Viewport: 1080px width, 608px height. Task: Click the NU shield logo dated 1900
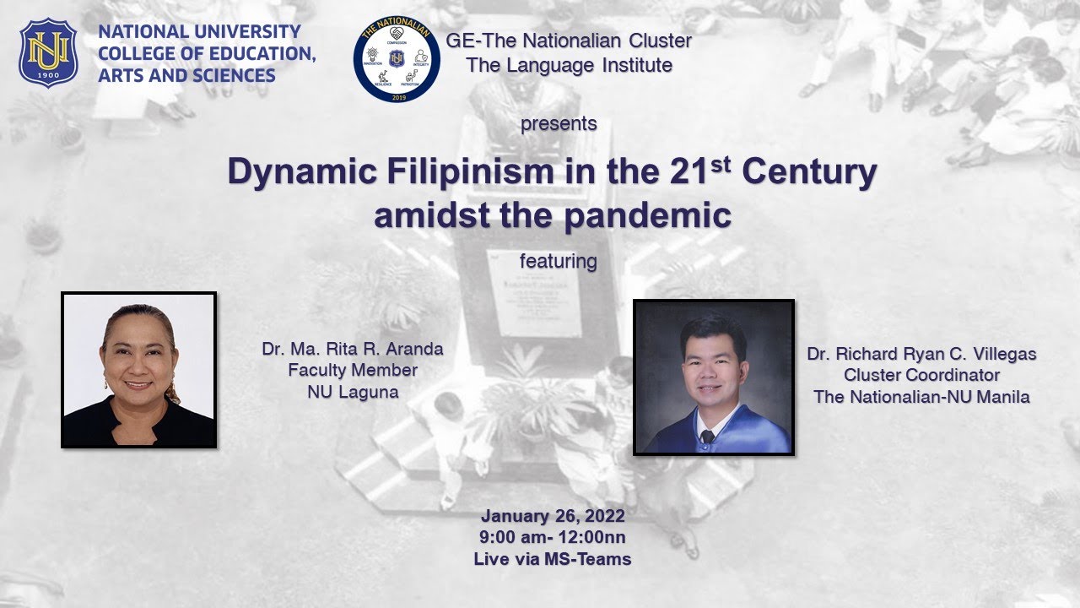coord(48,53)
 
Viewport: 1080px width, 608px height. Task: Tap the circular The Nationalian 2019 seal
coord(397,58)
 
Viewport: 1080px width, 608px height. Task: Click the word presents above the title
coord(559,123)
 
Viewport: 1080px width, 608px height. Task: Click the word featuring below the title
coord(558,261)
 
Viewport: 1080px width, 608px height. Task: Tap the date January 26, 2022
coord(553,516)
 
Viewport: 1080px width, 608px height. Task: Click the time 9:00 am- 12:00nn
coord(553,537)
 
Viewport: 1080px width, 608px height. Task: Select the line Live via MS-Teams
coord(553,558)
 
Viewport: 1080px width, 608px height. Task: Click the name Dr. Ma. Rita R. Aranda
coord(353,349)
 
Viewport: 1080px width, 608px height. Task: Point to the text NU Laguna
coord(353,391)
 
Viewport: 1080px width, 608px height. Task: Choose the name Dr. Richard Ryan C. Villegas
coord(921,354)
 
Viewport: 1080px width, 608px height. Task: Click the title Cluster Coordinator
coord(921,375)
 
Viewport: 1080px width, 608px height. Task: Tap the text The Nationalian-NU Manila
coord(921,396)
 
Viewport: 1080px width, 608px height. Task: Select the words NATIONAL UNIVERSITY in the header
coord(199,32)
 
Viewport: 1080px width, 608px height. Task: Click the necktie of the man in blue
coord(707,437)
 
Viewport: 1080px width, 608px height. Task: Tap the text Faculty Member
coord(353,370)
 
